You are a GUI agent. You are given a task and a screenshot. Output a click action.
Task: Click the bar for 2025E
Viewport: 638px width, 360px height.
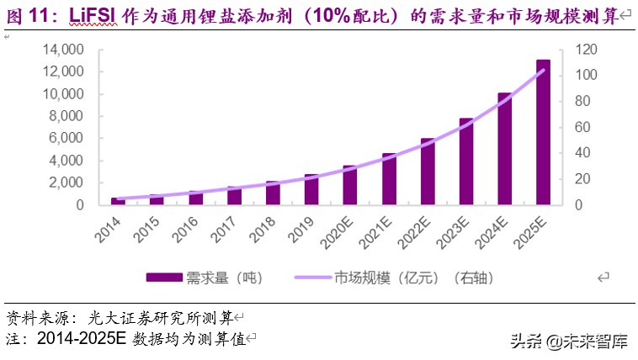pos(544,132)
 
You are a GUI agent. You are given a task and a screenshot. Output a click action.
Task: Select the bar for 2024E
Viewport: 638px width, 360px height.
pos(505,148)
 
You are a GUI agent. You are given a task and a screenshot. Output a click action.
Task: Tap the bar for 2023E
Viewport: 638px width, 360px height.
pos(466,161)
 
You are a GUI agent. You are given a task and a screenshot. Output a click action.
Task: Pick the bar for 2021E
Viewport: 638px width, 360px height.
pos(389,178)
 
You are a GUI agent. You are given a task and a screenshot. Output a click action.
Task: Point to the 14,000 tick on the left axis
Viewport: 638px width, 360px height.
pos(62,50)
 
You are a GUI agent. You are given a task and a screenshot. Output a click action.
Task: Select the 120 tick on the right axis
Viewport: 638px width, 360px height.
pos(587,50)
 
